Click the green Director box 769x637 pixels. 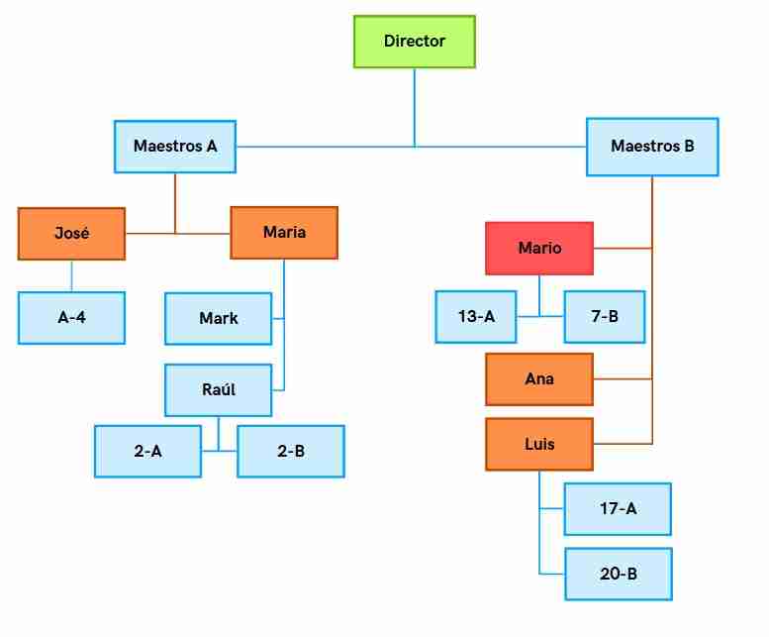[415, 42]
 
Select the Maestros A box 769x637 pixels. [175, 147]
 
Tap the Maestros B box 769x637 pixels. [652, 147]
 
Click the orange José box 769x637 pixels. [71, 234]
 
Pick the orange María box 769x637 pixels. [284, 233]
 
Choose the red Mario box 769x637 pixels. [539, 249]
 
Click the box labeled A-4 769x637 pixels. [71, 318]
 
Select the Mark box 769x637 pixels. [219, 319]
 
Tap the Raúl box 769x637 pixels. [219, 390]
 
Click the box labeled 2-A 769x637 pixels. [147, 452]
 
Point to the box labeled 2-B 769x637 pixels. [291, 452]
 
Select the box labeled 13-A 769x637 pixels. [476, 317]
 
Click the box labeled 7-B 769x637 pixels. [604, 317]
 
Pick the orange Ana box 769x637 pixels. [539, 379]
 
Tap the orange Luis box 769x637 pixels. [539, 444]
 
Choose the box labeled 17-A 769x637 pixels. [618, 509]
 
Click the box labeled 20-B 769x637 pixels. [619, 574]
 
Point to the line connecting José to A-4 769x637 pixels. [71, 275]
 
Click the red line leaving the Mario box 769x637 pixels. [623, 249]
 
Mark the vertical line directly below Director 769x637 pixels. [415, 107]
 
